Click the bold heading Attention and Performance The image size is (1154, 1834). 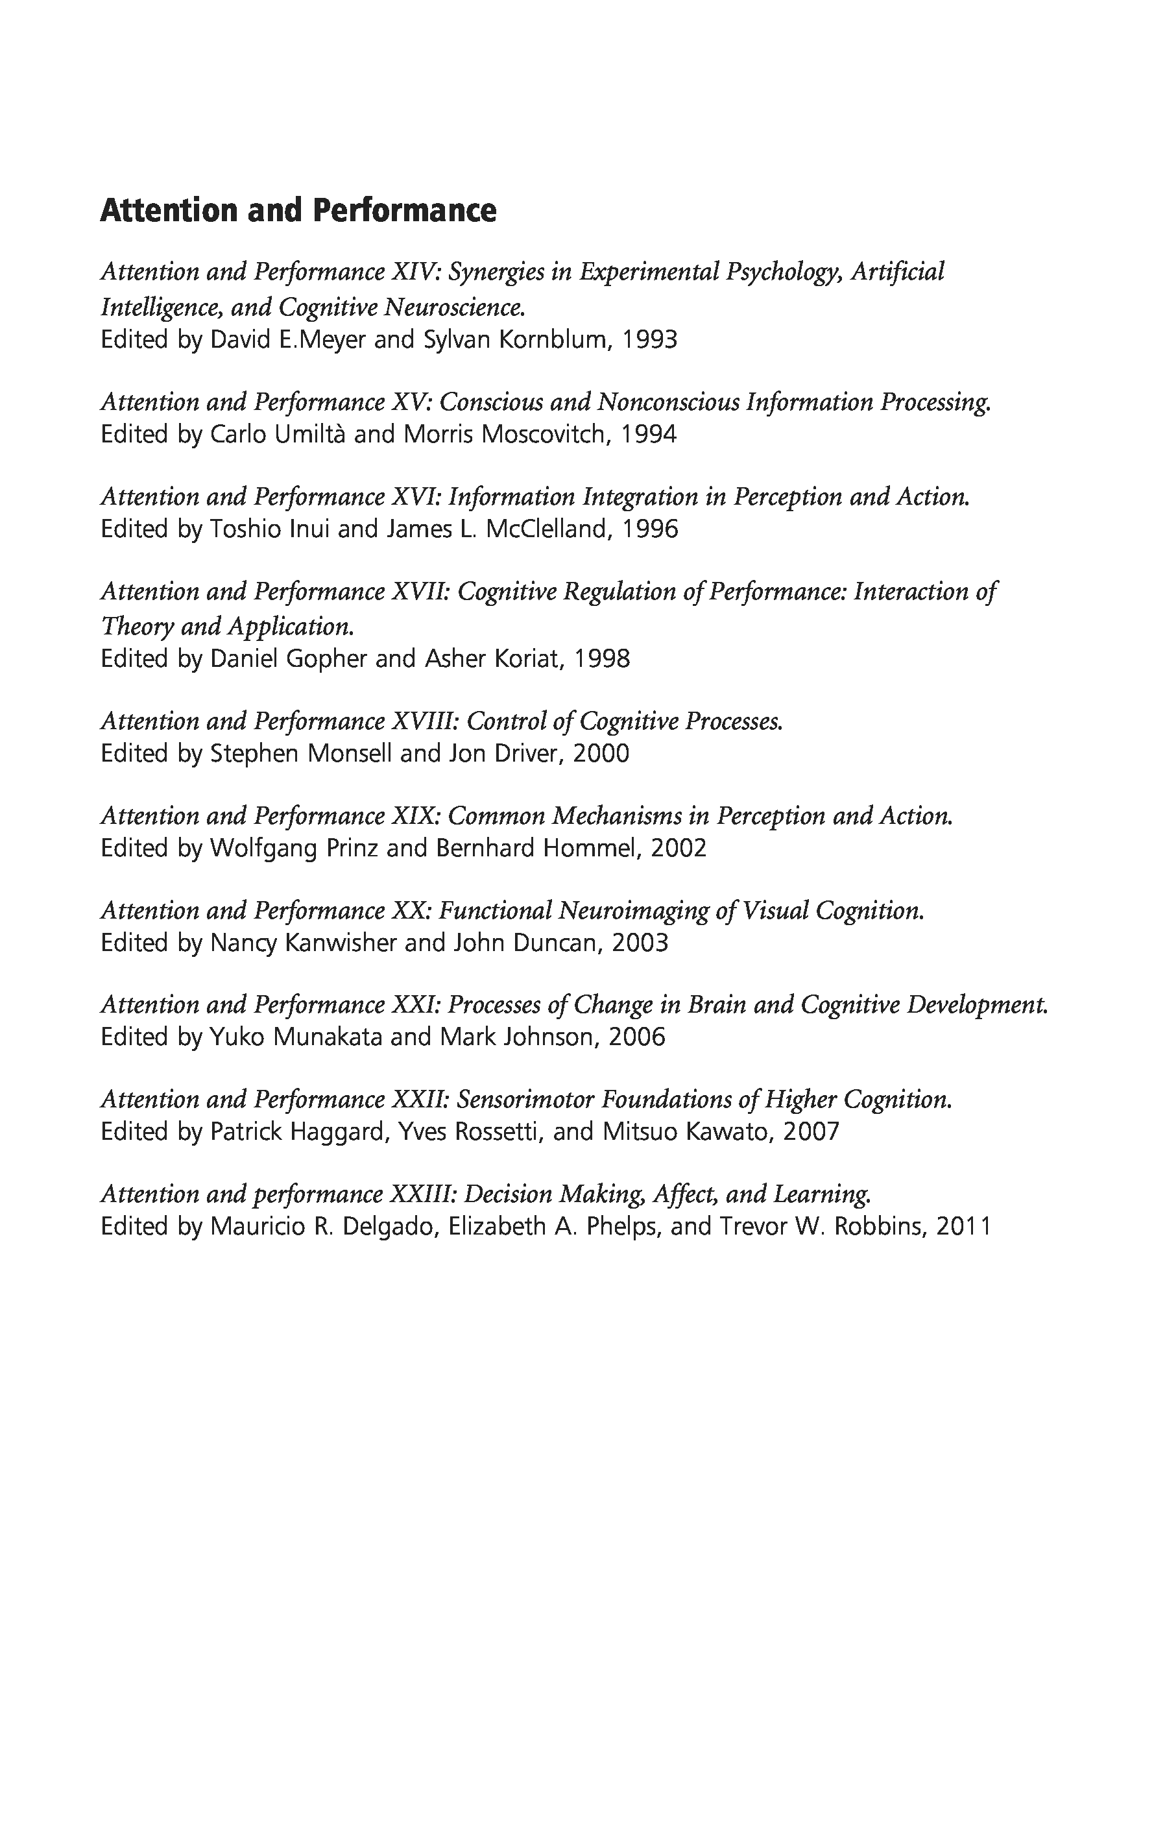298,210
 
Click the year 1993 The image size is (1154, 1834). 649,340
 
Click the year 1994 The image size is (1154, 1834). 649,434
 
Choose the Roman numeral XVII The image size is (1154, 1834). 419,592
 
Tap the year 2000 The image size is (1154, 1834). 601,753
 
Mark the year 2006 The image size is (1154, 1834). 637,1037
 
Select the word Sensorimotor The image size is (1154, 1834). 525,1100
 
